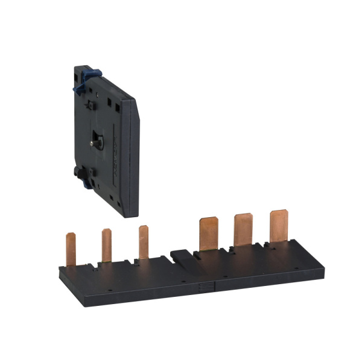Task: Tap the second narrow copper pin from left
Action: point(106,245)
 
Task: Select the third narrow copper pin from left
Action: point(144,241)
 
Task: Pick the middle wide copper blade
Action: point(244,230)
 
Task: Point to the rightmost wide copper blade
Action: point(279,226)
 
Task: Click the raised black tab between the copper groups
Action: point(180,255)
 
